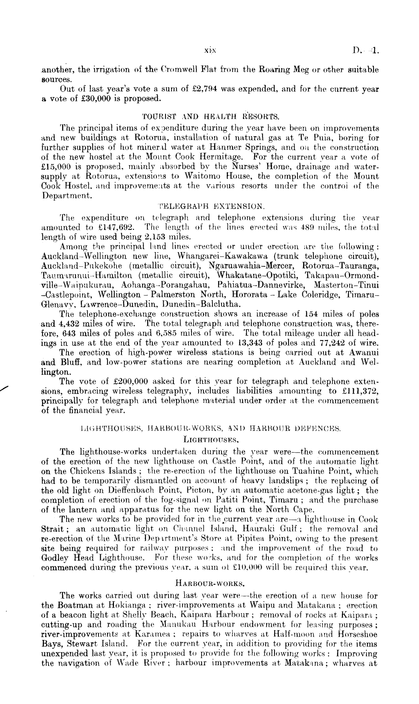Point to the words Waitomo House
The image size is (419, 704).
tap(199, 176)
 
